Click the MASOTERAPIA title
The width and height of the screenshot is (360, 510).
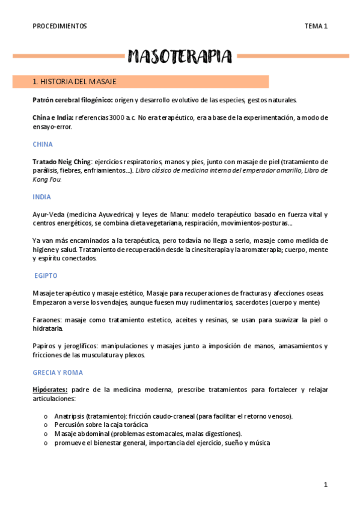tap(179, 57)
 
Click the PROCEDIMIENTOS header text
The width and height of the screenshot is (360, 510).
tap(60, 26)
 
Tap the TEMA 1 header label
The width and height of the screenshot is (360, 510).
tap(316, 26)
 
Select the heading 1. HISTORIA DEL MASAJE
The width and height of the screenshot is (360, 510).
tap(74, 81)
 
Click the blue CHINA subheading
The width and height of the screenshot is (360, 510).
tap(43, 144)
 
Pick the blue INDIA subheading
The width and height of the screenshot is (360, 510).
tap(42, 197)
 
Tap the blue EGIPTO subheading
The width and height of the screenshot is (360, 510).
tap(46, 275)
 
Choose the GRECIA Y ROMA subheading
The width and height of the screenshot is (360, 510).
tap(58, 372)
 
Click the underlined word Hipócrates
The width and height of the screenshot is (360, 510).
tap(50, 389)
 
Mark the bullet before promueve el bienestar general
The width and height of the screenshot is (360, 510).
tap(45, 443)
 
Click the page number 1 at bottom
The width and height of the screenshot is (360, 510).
tap(325, 485)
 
